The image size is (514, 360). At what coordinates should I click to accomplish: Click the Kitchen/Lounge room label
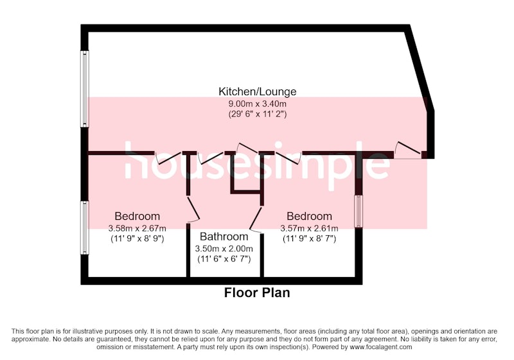(258, 91)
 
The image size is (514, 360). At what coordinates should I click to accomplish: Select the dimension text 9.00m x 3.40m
(258, 104)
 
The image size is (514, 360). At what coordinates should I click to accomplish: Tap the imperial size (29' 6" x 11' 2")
(258, 114)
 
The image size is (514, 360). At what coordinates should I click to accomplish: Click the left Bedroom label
(137, 217)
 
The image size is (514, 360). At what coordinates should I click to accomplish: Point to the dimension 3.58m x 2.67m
(137, 228)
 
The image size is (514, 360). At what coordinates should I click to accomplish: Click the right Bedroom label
(309, 217)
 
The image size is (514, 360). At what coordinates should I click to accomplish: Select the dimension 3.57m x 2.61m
(309, 228)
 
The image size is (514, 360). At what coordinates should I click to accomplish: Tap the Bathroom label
(224, 237)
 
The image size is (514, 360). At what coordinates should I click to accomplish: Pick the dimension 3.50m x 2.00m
(224, 249)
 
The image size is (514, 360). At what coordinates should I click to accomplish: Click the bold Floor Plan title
(257, 292)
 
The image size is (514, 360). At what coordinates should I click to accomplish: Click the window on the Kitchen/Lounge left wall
(85, 89)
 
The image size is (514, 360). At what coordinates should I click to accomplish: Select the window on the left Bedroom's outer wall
(85, 228)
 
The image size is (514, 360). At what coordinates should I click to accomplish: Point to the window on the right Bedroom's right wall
(359, 212)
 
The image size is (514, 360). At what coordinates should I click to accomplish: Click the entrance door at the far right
(408, 151)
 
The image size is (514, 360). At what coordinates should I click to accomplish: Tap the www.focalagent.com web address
(381, 347)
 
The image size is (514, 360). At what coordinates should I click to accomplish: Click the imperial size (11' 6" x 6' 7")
(224, 259)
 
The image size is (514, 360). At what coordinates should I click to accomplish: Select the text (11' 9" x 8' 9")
(137, 239)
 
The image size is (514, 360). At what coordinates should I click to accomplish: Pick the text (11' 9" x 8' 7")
(309, 239)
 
